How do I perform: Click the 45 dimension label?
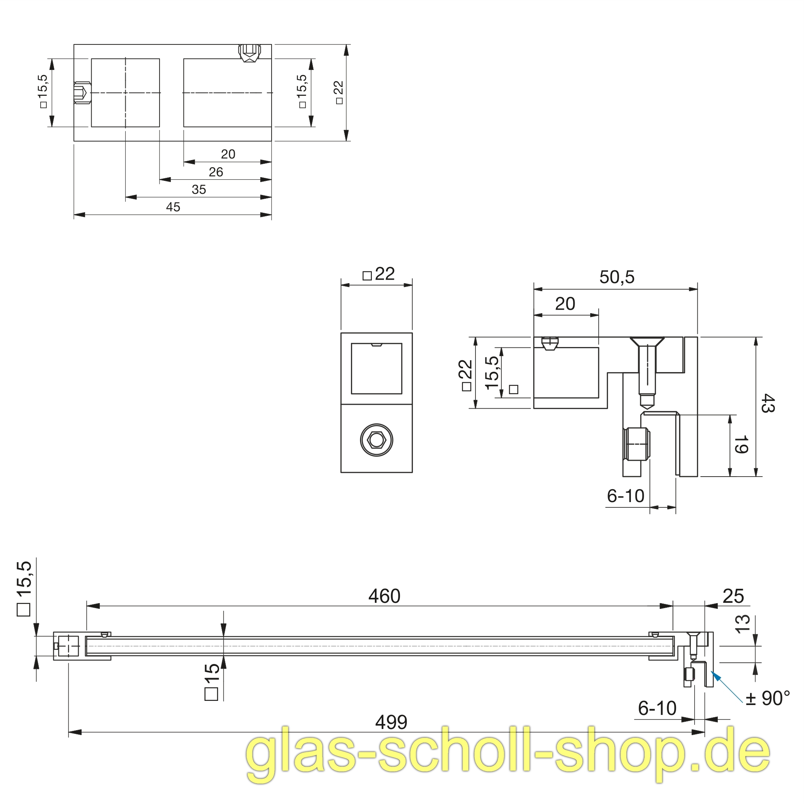[x=173, y=207]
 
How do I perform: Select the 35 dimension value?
[x=199, y=190]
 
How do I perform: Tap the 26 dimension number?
[x=216, y=172]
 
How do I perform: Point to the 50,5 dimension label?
[x=617, y=277]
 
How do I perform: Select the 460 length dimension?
[x=384, y=596]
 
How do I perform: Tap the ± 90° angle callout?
[x=768, y=698]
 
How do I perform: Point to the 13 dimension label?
[x=742, y=624]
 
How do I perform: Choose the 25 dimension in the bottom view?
[x=733, y=596]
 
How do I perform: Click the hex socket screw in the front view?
[x=376, y=440]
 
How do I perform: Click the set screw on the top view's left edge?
[x=82, y=92]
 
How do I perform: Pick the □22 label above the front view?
[x=379, y=274]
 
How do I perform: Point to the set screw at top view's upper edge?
[x=250, y=53]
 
